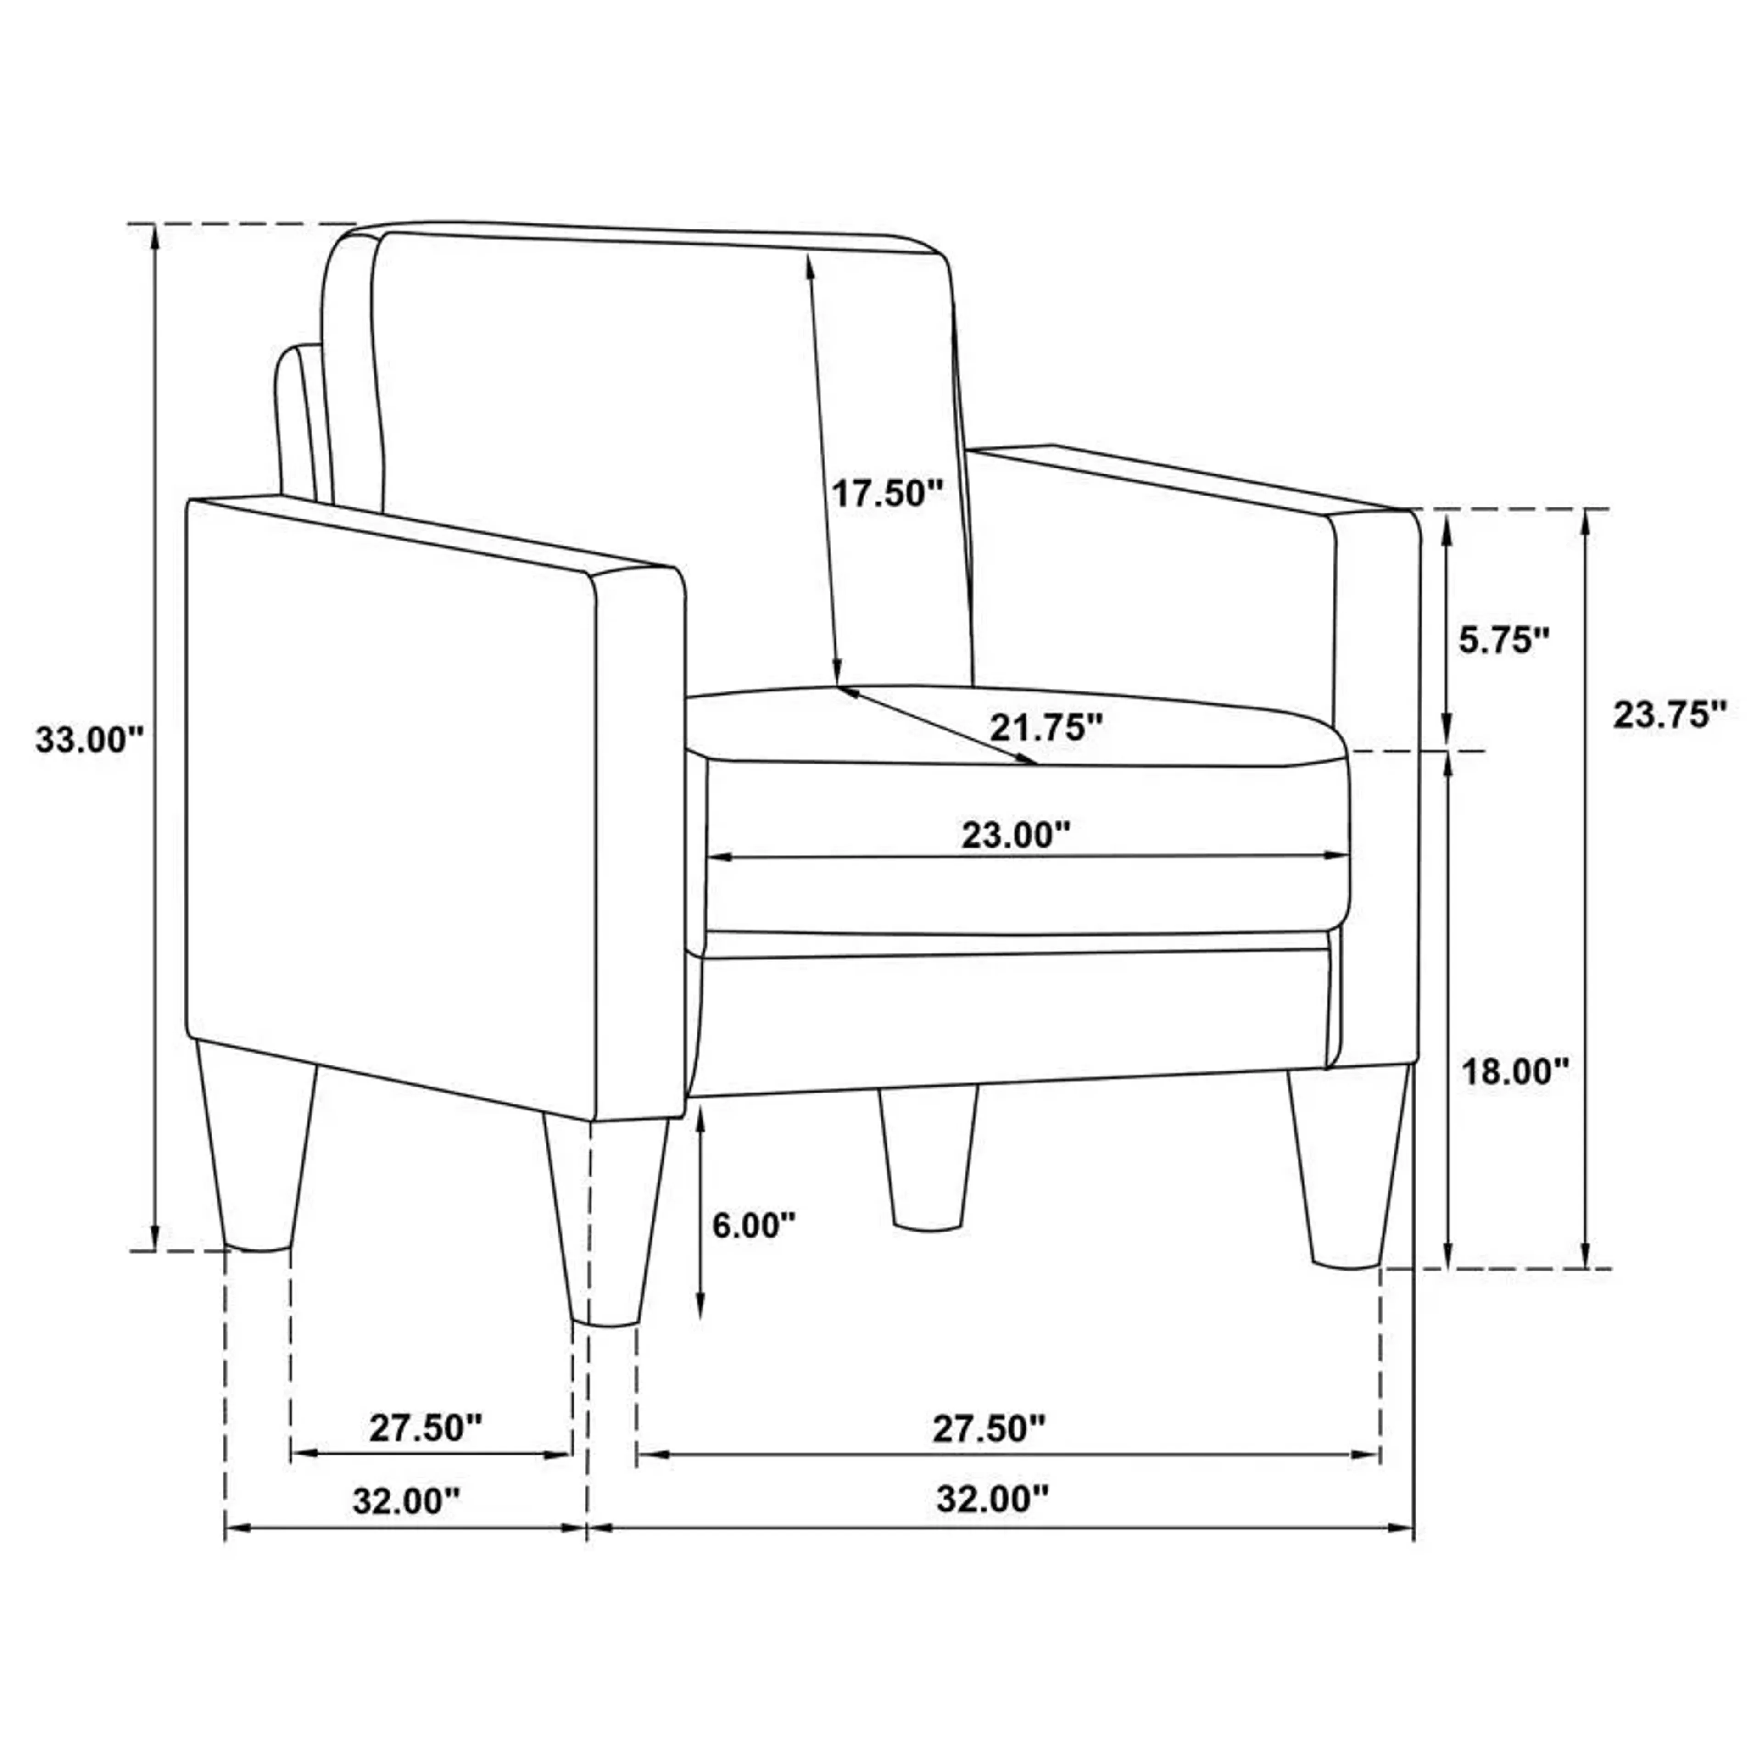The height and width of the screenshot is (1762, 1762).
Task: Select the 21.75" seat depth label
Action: [x=1046, y=727]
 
